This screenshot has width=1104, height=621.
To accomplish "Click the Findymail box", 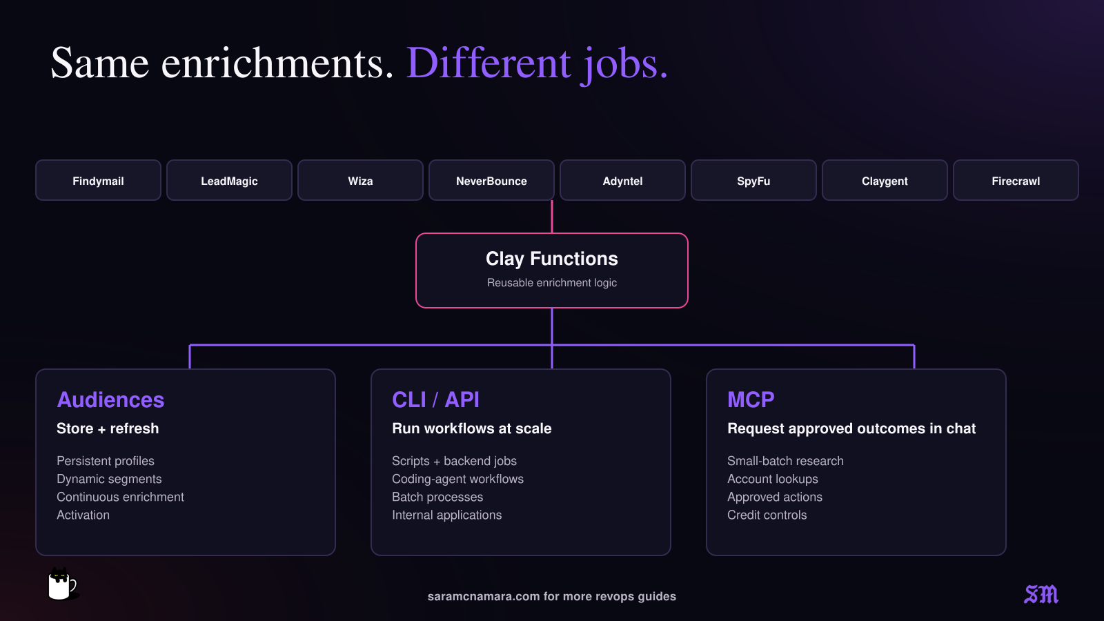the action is (98, 180).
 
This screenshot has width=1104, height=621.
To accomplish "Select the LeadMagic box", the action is (229, 180).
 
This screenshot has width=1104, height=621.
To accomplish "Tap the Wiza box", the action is (360, 180).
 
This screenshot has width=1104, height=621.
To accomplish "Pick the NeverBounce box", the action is (491, 180).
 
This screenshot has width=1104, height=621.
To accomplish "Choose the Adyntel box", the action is (622, 180).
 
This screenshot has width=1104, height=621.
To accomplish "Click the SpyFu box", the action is (753, 180).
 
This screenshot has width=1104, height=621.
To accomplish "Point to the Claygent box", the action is (885, 180).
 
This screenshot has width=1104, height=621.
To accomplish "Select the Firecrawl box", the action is (1016, 180).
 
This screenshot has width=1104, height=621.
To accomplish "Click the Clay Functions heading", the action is (552, 259).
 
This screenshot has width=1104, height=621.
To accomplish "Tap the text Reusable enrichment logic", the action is (552, 283).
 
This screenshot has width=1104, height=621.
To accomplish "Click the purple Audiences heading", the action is (110, 400).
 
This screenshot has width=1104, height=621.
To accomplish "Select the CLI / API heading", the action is (435, 400).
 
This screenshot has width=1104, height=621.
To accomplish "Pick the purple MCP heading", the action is (751, 400).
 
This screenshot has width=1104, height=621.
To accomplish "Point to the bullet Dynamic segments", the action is (109, 479).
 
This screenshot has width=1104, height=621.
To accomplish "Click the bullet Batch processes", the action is (437, 497).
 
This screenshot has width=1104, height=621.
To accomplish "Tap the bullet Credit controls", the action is (767, 515).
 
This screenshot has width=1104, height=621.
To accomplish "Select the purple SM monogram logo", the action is (1041, 594).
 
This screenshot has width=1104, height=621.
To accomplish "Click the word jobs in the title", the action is (624, 65).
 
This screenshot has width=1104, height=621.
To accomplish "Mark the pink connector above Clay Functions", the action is (552, 217).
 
